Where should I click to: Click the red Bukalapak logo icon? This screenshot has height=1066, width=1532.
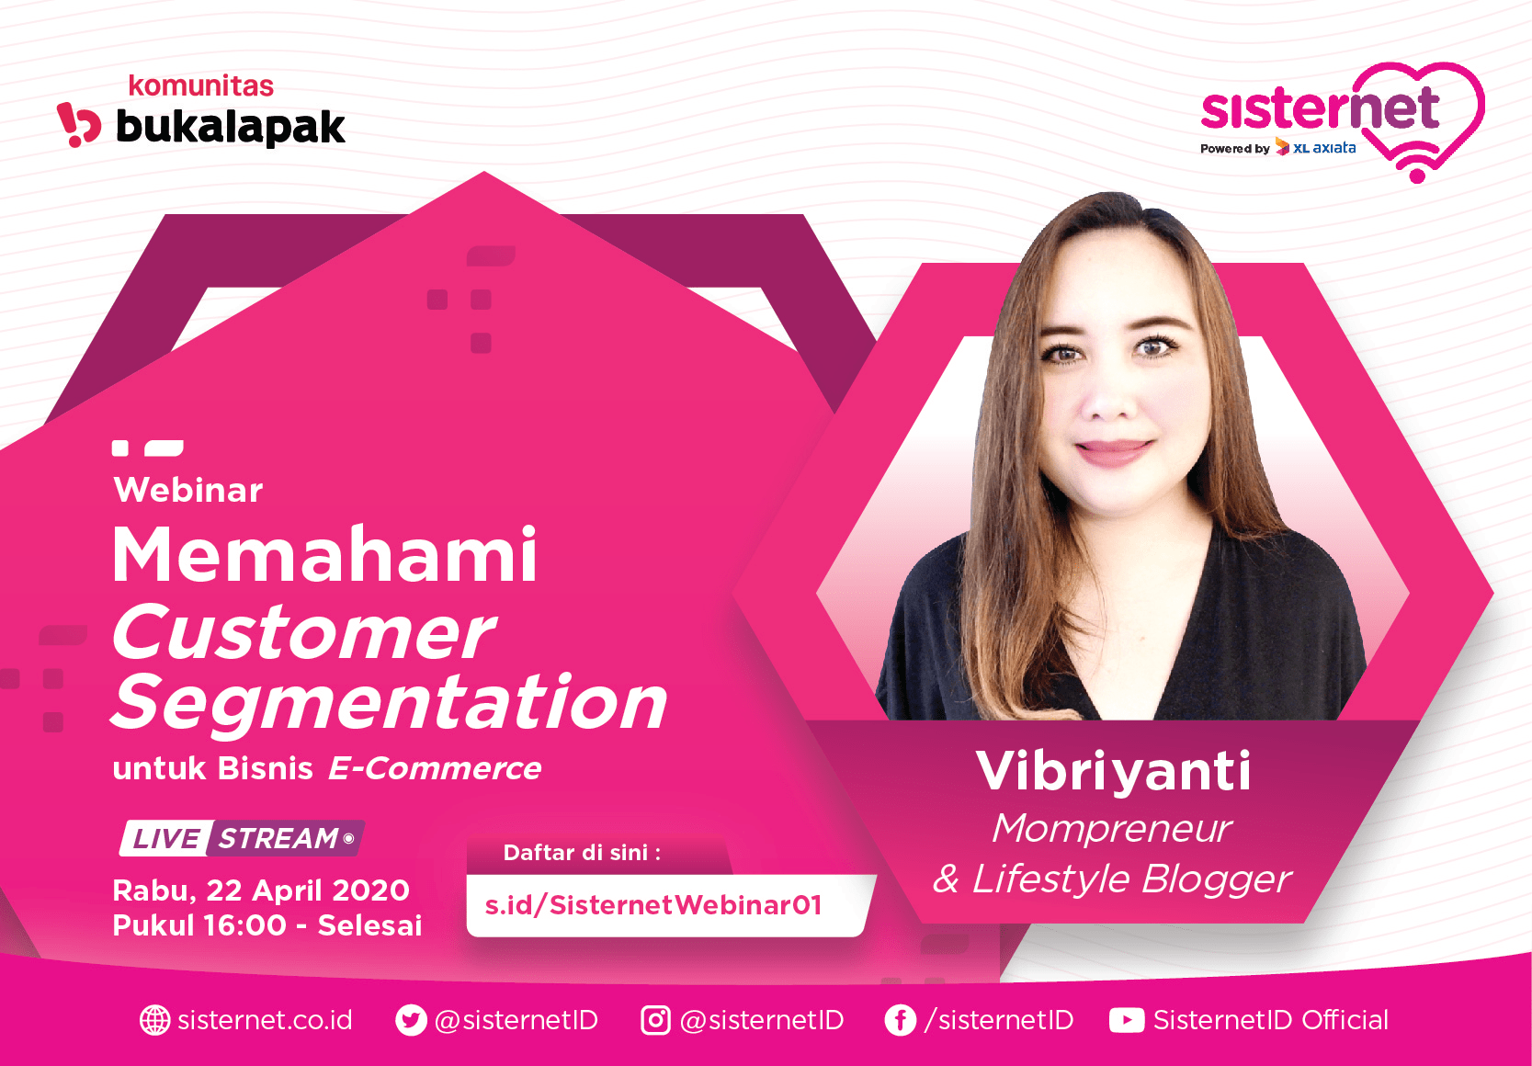[79, 124]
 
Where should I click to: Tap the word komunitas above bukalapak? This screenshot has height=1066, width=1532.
[201, 86]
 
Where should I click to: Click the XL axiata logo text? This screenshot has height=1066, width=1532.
[1323, 148]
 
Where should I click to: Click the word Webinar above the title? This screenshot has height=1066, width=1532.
[188, 490]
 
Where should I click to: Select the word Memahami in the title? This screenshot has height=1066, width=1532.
[324, 554]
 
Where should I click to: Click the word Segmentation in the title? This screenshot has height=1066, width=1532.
[389, 703]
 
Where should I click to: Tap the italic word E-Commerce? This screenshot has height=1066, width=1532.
[436, 768]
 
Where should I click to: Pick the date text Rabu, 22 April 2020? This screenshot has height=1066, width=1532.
[261, 890]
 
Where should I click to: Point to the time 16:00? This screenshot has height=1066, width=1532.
[244, 925]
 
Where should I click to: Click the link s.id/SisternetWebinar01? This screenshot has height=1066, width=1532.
[653, 905]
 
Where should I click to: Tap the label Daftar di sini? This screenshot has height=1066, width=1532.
[582, 853]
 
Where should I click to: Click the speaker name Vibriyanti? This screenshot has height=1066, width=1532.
[1114, 772]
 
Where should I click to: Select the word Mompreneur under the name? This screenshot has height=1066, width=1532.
[1112, 830]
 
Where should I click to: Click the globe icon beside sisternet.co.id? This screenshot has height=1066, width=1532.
[155, 1020]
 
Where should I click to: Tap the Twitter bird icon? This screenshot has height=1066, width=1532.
[411, 1020]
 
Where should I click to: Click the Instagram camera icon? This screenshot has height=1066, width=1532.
[655, 1020]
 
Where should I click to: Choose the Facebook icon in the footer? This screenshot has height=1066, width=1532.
[901, 1020]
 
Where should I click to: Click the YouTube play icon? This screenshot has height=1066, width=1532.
[1127, 1020]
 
